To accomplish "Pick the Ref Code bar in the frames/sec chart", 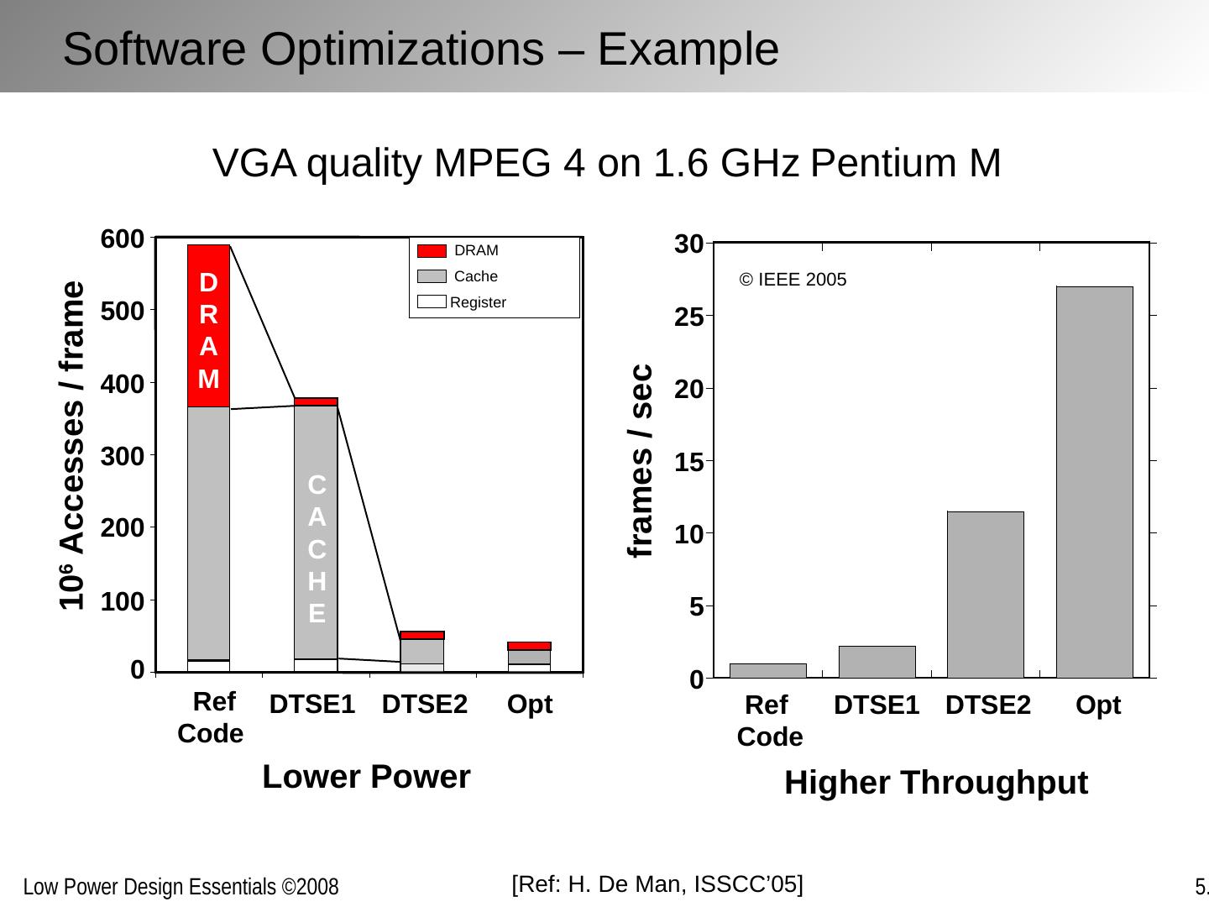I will [767, 670].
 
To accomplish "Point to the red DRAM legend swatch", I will [432, 251].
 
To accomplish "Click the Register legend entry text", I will [478, 302].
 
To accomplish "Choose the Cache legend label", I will [475, 276].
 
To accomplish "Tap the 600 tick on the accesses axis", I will [122, 239].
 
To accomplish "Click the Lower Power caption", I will [366, 777].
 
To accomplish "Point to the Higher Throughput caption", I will [935, 783].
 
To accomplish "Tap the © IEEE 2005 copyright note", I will [793, 280].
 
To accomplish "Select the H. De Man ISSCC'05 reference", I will [657, 883].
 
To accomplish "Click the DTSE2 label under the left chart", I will [424, 705].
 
